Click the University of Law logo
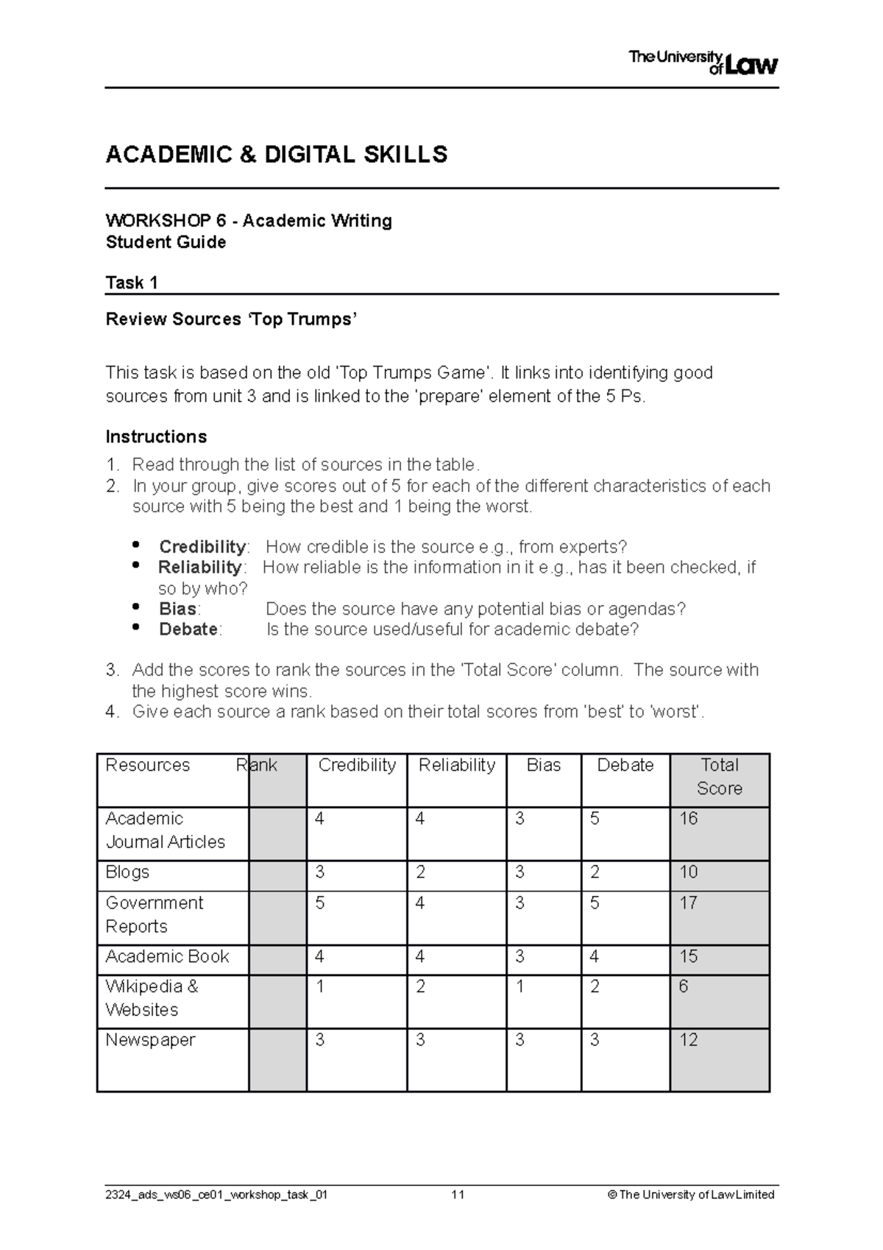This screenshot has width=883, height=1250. (x=703, y=63)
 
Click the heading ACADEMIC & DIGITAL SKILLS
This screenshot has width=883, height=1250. (x=277, y=155)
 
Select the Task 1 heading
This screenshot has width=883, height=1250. (x=132, y=283)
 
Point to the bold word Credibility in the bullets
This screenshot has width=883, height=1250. (x=202, y=547)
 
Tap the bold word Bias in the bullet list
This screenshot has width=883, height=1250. (x=177, y=609)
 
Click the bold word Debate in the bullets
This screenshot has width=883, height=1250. (x=188, y=629)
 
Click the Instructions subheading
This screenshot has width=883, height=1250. (x=156, y=437)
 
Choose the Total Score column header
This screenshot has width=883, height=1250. (x=719, y=777)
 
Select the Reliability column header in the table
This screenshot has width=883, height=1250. (x=456, y=766)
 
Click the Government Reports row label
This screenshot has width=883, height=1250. (x=155, y=914)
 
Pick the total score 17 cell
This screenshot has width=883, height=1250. (x=689, y=903)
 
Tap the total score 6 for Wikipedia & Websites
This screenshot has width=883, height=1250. (x=684, y=986)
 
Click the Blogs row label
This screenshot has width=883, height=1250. (x=127, y=872)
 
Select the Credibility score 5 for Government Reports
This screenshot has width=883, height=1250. (x=320, y=903)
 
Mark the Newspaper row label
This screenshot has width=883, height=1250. (x=150, y=1040)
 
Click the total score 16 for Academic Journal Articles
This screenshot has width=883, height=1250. (x=689, y=819)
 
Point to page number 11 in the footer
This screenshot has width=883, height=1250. (x=458, y=1195)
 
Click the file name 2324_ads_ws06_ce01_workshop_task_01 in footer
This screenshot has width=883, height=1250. (x=216, y=1195)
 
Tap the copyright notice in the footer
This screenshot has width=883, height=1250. (x=691, y=1195)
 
